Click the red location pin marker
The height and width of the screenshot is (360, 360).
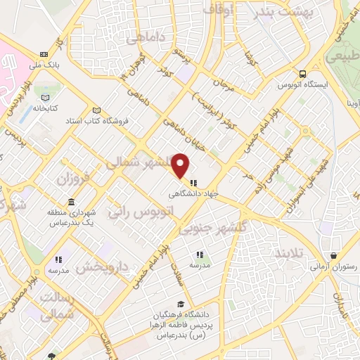coord(181,165)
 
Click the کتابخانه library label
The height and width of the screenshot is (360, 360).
coord(43,108)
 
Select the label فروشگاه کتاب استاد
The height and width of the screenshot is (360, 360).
coord(95,121)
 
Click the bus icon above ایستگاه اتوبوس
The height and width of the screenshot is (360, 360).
coord(302,74)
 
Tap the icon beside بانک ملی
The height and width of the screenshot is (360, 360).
coord(45,54)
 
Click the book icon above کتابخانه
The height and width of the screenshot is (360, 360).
coord(46,97)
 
